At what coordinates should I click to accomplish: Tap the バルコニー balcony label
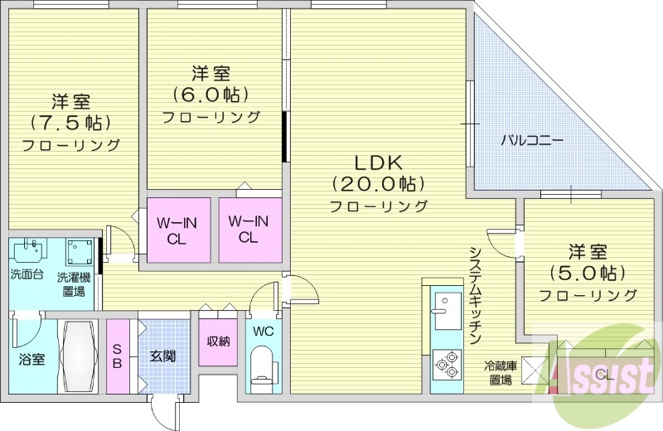point(531,141)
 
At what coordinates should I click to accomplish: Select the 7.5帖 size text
point(70,123)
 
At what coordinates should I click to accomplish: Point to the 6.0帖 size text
point(211,94)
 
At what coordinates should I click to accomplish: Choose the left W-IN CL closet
point(177,229)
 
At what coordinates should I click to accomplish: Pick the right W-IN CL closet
point(249,229)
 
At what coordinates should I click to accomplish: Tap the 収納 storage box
point(218,341)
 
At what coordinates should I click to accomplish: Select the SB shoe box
point(119,356)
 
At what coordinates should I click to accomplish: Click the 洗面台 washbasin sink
point(31,250)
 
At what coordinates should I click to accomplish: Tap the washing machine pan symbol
point(80,250)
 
